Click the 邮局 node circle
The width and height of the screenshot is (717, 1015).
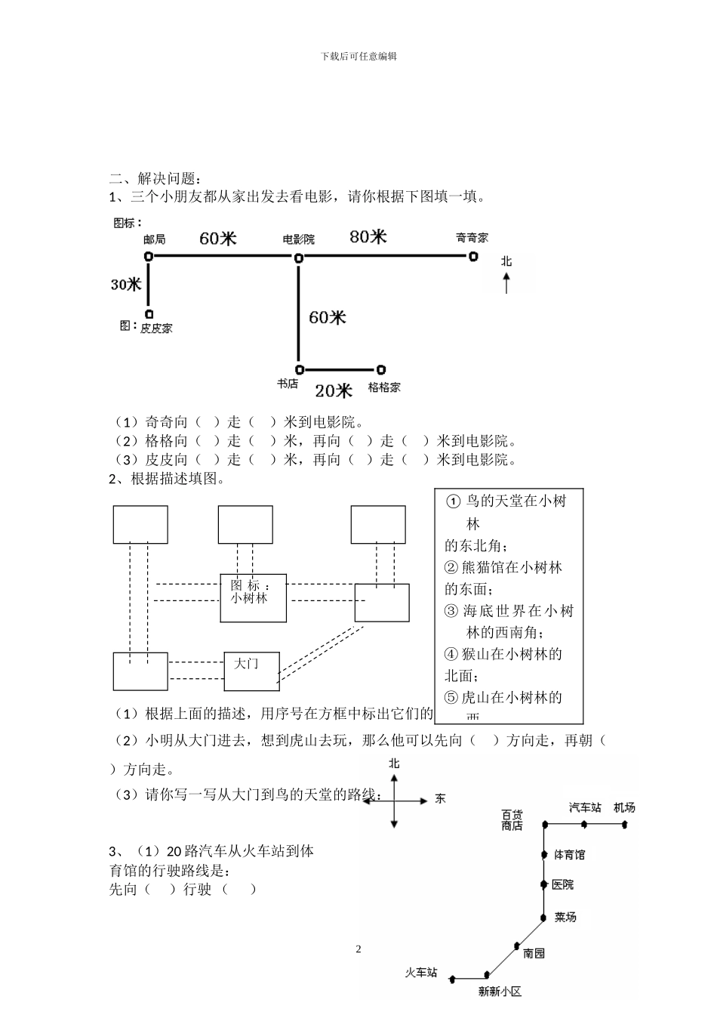pos(149,257)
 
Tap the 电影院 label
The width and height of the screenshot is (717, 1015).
pos(298,239)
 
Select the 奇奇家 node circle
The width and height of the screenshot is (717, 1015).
pos(473,257)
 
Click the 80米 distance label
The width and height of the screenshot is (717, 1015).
pos(368,237)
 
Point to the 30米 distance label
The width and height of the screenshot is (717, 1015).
pos(126,285)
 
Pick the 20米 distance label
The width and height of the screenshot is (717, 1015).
pos(334,390)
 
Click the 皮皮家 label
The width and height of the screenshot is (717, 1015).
pos(156,329)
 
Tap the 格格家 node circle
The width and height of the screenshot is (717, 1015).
pos(381,370)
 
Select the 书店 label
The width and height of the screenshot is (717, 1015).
pos(287,384)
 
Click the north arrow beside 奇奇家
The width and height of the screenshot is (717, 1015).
pos(506,284)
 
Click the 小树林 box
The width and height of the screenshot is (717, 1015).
pos(253,597)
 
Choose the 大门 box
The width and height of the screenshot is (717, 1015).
pos(251,670)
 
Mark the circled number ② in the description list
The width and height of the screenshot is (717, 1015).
pos(451,568)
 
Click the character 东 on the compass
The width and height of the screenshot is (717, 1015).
pos(440,799)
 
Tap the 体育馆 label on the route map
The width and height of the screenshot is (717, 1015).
pos(569,855)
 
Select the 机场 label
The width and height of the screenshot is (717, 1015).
pos(624,807)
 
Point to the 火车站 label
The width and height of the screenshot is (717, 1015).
pos(420,973)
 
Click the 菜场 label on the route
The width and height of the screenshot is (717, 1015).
pos(565,917)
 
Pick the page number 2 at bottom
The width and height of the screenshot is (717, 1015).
pos(358,949)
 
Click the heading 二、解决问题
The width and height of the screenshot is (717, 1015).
pos(155,179)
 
